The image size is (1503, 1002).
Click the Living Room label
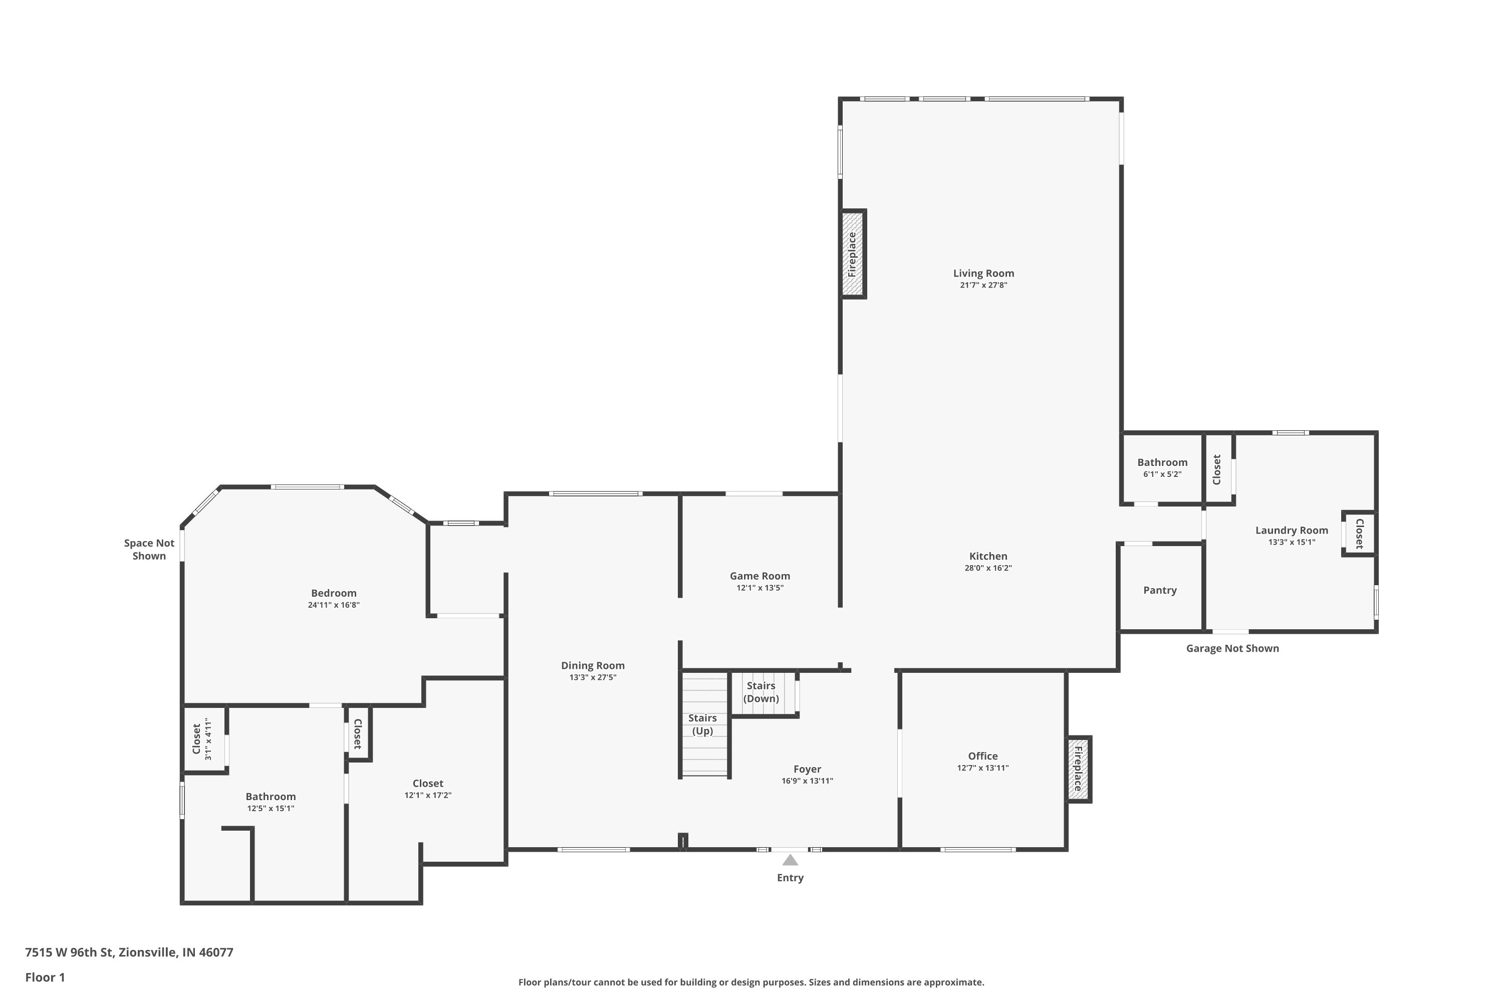983,273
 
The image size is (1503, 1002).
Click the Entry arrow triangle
790,860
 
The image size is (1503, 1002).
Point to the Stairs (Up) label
702,724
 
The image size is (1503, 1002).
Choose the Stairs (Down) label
761,691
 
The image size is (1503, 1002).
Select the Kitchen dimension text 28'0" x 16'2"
988,568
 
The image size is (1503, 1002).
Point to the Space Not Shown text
149,549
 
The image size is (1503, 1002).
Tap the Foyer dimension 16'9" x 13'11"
807,781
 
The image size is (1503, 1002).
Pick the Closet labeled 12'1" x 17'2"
427,789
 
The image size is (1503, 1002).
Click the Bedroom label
334,593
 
